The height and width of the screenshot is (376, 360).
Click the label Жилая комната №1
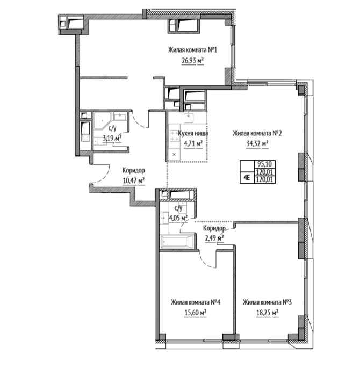[192, 50]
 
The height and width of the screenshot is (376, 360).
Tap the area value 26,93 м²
[192, 61]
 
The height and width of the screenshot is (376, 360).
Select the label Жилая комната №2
[257, 133]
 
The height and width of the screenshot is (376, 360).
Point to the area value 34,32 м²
[257, 143]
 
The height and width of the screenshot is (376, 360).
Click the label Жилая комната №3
[267, 302]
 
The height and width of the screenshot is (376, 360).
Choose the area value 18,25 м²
[267, 313]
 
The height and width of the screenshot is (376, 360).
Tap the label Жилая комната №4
[196, 302]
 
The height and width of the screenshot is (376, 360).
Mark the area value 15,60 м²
[196, 313]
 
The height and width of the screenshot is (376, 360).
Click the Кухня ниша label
[193, 133]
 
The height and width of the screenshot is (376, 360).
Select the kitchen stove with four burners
[175, 136]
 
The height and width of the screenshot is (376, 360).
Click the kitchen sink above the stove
[189, 118]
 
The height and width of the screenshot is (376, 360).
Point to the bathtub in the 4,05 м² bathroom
[177, 242]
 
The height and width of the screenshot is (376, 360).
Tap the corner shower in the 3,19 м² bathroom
[103, 120]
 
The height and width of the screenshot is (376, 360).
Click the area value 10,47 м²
[134, 180]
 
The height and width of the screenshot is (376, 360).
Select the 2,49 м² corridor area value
[214, 238]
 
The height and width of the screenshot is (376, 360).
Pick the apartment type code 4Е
[247, 178]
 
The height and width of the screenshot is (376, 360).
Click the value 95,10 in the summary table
[264, 164]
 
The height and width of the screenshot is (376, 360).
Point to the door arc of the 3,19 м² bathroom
[139, 120]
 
